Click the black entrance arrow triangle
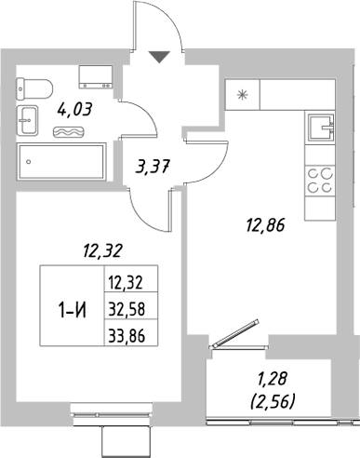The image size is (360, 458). pos(161,57)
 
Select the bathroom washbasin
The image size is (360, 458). pos(26,118)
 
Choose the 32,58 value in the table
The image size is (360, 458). pos(128,309)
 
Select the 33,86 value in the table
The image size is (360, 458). pos(128,334)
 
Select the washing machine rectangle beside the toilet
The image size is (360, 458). pos(96,75)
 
